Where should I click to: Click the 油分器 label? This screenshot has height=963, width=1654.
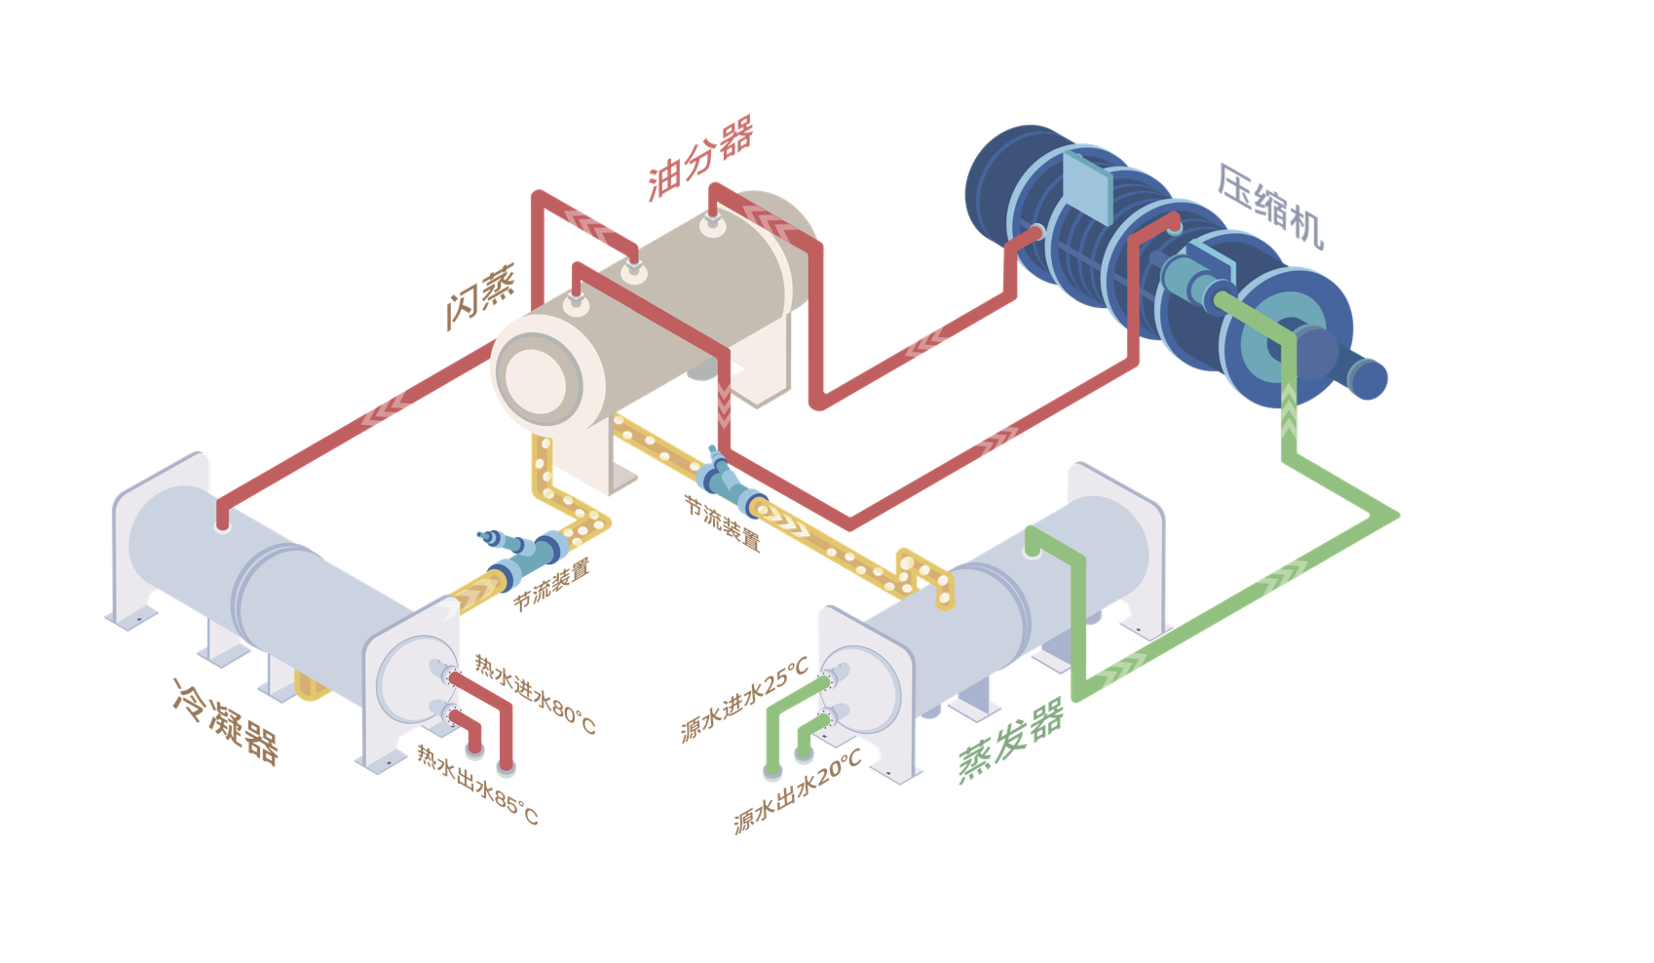pyautogui.click(x=700, y=158)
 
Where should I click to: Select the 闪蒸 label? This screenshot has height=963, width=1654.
pyautogui.click(x=480, y=296)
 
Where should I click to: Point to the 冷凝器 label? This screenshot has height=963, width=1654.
pyautogui.click(x=226, y=722)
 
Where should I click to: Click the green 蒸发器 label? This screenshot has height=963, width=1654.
pyautogui.click(x=1011, y=740)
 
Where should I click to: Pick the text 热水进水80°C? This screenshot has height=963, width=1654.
pyautogui.click(x=535, y=694)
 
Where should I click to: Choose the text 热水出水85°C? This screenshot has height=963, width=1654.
pyautogui.click(x=477, y=785)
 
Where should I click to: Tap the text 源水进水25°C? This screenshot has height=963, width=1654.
pyautogui.click(x=744, y=699)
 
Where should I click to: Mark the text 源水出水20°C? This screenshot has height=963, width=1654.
pyautogui.click(x=798, y=790)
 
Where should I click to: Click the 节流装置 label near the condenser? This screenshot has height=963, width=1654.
pyautogui.click(x=551, y=584)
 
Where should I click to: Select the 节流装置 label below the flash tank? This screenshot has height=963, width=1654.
pyautogui.click(x=722, y=522)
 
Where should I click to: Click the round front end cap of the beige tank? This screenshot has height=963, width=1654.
pyautogui.click(x=535, y=379)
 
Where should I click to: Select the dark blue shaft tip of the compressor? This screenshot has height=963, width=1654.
pyautogui.click(x=1370, y=379)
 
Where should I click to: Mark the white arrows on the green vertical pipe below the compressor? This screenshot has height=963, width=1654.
pyautogui.click(x=1289, y=409)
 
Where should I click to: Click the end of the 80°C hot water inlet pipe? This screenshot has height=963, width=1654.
pyautogui.click(x=507, y=767)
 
